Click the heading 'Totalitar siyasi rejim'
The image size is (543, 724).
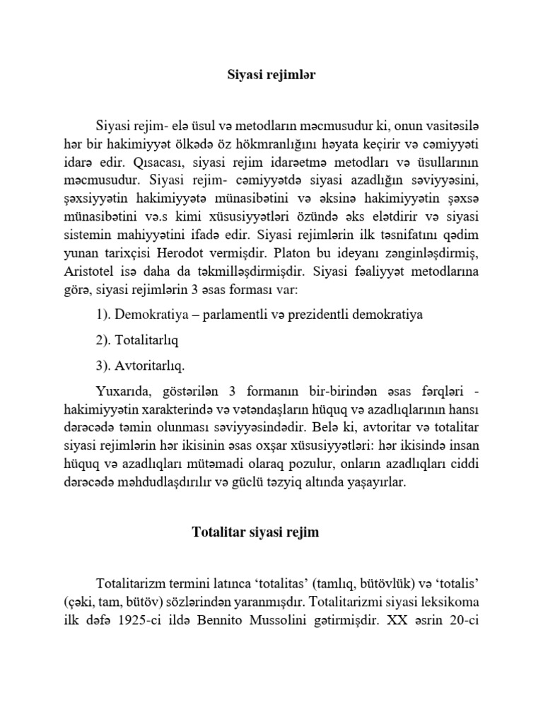coord(256,532)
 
